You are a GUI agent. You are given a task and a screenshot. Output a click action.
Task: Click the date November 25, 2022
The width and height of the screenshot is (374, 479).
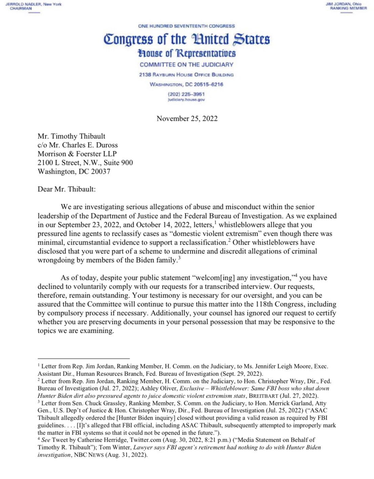click(x=187, y=118)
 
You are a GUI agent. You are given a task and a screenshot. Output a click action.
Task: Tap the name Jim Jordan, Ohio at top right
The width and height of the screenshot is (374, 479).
click(x=344, y=4)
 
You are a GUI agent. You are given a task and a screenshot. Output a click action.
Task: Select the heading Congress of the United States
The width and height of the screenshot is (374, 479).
click(x=187, y=39)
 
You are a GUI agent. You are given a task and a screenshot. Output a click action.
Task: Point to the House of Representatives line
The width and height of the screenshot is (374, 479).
click(x=187, y=54)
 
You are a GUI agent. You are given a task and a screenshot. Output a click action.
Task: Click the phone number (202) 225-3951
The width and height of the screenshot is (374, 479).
click(x=186, y=94)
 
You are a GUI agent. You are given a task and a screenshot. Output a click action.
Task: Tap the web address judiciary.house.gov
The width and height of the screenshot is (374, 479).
click(x=186, y=100)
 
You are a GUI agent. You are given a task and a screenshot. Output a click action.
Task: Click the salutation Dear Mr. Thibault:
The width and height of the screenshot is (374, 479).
click(x=66, y=189)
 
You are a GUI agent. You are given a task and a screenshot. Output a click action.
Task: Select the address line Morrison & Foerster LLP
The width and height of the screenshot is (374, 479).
click(x=77, y=154)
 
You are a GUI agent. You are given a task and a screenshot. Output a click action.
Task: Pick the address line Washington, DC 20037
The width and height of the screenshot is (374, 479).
click(x=74, y=171)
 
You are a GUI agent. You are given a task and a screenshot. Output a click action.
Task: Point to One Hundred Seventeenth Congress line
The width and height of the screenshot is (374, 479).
click(x=186, y=26)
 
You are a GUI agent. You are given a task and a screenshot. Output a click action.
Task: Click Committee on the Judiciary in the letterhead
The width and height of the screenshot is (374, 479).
click(x=186, y=64)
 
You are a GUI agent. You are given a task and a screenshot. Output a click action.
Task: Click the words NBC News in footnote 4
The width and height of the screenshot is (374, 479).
click(x=89, y=455)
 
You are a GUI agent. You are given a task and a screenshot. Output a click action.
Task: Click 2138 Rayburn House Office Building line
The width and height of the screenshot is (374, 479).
click(x=186, y=74)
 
